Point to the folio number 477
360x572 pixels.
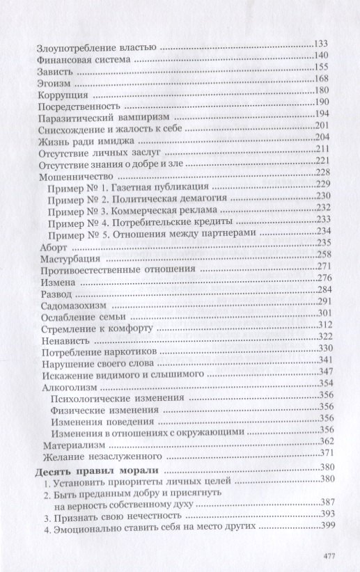(x=331, y=555)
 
